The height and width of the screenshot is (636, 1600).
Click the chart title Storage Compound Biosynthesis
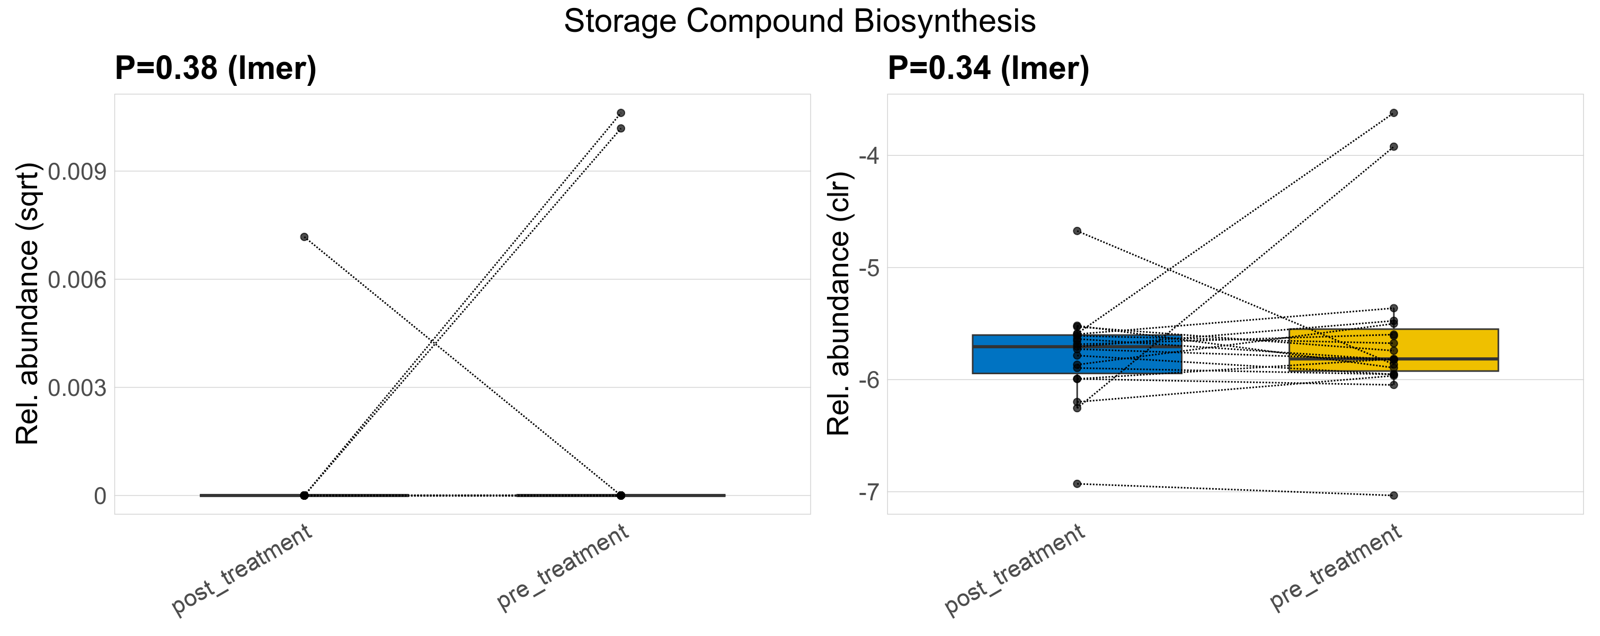pos(799,22)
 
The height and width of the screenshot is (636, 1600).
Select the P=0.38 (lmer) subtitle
pos(216,68)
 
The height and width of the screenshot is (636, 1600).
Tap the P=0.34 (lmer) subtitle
pos(988,68)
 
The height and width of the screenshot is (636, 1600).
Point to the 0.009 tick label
pos(76,171)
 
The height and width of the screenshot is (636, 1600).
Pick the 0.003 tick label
pos(76,388)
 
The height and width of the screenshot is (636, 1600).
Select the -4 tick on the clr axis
pos(869,155)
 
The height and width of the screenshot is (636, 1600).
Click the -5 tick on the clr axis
pos(869,268)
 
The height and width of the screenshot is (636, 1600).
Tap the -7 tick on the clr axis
pos(869,492)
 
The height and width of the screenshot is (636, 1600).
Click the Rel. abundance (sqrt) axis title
pos(28,304)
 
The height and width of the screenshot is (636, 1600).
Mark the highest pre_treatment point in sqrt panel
pos(620,113)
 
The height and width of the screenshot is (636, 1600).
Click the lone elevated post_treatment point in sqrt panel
pos(304,236)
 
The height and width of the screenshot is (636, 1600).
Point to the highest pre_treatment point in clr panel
pos(1394,113)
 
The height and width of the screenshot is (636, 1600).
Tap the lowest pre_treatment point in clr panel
pos(1394,496)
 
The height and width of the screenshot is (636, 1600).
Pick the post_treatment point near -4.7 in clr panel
pos(1077,231)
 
